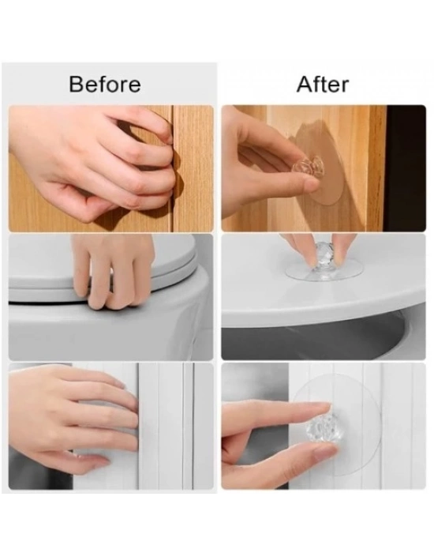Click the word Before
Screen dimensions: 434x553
pyautogui.click(x=105, y=85)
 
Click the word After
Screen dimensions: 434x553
pyautogui.click(x=323, y=85)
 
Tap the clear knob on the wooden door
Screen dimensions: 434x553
pyautogui.click(x=309, y=167)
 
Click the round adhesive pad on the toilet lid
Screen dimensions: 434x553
pyautogui.click(x=324, y=271)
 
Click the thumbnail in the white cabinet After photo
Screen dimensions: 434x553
pyautogui.click(x=325, y=451)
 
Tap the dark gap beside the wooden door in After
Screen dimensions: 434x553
pyautogui.click(x=406, y=168)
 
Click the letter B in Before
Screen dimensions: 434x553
pyautogui.click(x=76, y=85)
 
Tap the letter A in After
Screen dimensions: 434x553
pyautogui.click(x=305, y=85)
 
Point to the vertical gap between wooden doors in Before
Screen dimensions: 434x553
pyautogui.click(x=173, y=168)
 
